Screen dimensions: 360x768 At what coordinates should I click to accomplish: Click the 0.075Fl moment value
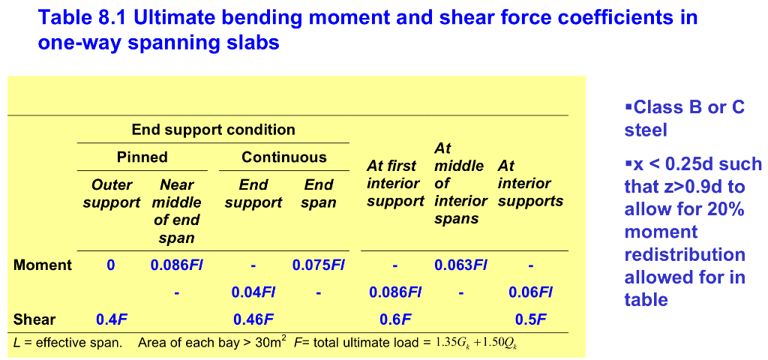[x=318, y=265]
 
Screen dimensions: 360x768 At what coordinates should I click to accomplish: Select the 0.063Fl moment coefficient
[x=460, y=265]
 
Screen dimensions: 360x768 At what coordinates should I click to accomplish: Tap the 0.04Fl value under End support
[x=253, y=292]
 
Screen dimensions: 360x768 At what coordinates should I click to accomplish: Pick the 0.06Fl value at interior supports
[x=530, y=292]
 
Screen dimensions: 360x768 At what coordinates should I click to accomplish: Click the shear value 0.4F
[x=112, y=319]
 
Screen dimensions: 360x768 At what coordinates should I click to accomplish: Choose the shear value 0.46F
[x=253, y=319]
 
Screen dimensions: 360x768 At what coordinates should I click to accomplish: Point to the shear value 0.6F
[x=395, y=319]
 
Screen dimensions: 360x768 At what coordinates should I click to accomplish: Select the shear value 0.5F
[x=530, y=319]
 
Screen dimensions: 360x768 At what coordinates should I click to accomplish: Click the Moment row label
[x=43, y=265]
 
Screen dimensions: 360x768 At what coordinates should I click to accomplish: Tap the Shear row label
[x=34, y=319]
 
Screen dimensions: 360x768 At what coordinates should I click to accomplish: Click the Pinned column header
[x=142, y=157]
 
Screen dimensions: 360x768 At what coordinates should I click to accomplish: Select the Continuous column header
[x=284, y=157]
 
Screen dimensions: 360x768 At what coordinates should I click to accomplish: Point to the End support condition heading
[x=214, y=130]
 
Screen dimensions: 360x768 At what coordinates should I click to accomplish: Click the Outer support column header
[x=112, y=193]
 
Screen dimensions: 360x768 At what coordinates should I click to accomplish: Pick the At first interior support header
[x=395, y=184]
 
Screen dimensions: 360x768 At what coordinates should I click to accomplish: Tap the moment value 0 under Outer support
[x=111, y=265]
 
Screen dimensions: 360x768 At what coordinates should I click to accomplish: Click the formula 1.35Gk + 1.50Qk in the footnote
[x=477, y=343]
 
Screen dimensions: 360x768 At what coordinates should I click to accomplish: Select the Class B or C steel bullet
[x=684, y=118]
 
